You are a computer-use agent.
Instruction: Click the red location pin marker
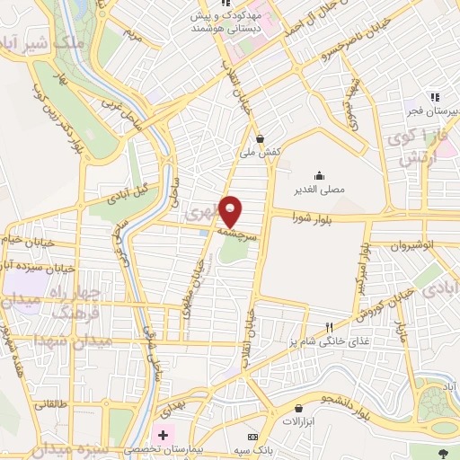(231, 212)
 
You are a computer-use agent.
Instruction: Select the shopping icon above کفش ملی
(261, 139)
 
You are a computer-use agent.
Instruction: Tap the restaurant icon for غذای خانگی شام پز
(330, 327)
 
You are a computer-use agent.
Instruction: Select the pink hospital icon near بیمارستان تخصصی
(163, 436)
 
